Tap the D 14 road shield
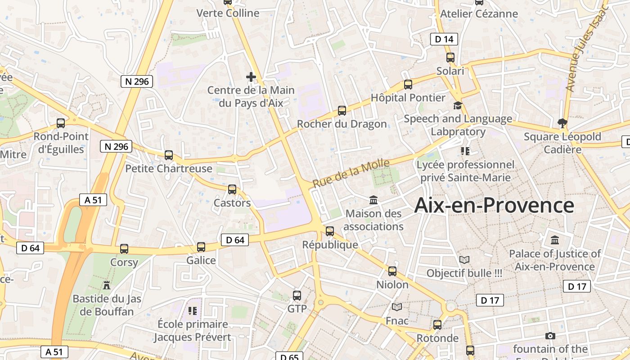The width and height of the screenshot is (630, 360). coord(444,39)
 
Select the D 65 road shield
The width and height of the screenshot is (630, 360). coord(289,357)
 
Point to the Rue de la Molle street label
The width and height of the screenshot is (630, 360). coord(351,174)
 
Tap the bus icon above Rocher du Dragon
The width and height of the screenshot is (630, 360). coord(342,111)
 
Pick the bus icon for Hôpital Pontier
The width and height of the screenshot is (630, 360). coord(408,84)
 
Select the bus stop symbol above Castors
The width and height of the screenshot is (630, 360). coord(232,189)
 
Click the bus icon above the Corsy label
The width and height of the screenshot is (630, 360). coord(124,249)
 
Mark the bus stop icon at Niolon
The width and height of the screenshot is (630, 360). coord(392,271)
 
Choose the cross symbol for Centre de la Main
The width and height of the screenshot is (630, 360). coord(251,77)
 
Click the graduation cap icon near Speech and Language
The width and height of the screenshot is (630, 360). coord(458,106)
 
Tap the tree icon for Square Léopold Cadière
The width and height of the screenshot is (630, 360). coord(562,123)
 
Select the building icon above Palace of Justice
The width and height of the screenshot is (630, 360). coord(555,240)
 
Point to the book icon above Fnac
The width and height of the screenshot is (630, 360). coord(397,307)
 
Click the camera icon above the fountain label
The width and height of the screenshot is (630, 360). coord(550,336)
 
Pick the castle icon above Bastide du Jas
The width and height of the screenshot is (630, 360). coord(107,285)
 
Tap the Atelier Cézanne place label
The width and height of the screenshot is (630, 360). coord(479,13)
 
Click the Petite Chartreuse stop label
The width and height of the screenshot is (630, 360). coord(169,169)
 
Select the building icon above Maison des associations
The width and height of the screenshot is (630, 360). coord(373,200)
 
